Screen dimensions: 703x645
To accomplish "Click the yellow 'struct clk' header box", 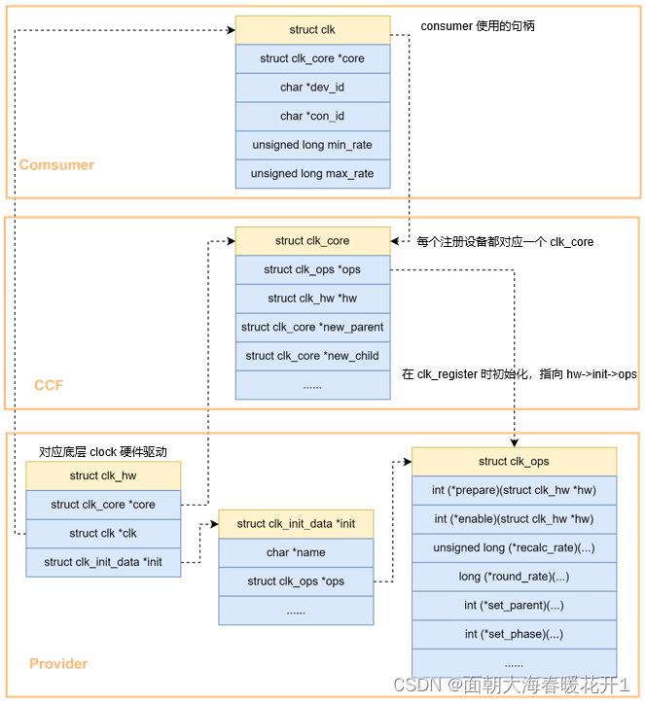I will tap(312, 30).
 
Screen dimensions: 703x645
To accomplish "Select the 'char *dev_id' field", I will tap(312, 88).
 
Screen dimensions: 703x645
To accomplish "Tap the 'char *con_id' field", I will tap(312, 117).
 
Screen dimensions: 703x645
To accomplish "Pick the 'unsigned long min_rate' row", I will tap(312, 145).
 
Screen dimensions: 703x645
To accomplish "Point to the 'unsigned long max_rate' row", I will tap(312, 174).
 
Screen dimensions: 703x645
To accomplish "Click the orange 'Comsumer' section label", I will tap(56, 165).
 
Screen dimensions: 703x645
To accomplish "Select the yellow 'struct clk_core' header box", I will tap(312, 241).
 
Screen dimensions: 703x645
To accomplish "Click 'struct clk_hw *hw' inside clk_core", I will tap(312, 299).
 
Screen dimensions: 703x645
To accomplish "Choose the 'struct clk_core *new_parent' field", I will tap(312, 327).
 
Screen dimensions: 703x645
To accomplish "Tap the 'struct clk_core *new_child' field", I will tap(312, 356).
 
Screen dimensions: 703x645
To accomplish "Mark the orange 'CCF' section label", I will tap(49, 385).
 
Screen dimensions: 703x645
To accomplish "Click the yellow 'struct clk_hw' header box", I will tap(103, 476).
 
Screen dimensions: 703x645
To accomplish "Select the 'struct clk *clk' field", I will tap(103, 534).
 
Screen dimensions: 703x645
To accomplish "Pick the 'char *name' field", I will tap(296, 552).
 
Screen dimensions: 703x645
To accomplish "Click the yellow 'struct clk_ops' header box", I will tap(514, 462).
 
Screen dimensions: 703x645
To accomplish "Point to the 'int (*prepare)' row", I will tap(514, 491).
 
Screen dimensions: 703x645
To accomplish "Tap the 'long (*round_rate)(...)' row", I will tap(514, 577).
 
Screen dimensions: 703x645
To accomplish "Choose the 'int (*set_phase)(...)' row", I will tap(514, 634).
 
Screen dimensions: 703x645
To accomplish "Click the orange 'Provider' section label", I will tap(58, 664).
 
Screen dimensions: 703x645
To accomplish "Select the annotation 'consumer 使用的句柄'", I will tap(478, 26).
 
